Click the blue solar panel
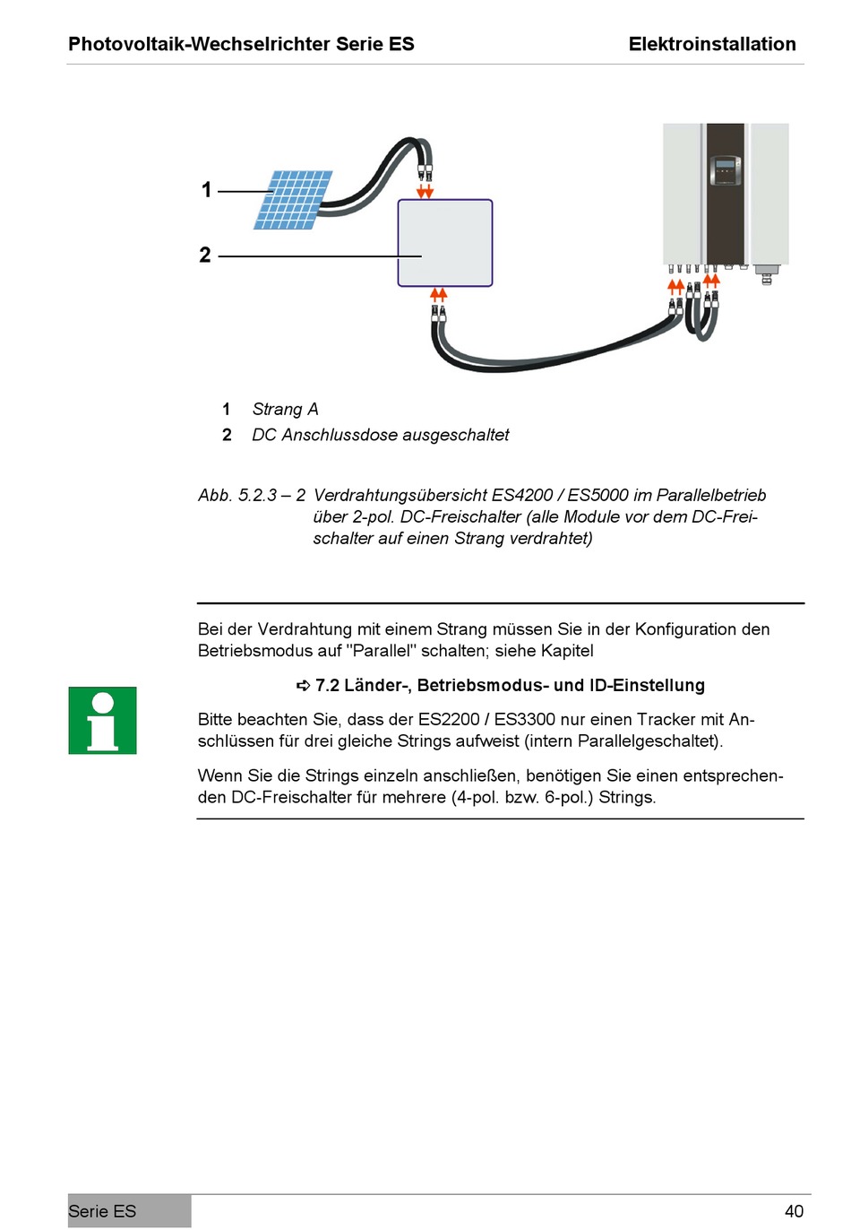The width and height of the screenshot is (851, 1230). [293, 200]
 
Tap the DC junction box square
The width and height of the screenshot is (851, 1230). [445, 243]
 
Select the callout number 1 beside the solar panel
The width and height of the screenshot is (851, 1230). [207, 190]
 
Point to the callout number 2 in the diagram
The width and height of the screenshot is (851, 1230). [205, 256]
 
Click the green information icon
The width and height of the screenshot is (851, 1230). [102, 721]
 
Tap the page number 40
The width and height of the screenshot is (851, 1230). [794, 1211]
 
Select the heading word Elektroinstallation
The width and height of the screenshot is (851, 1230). [712, 44]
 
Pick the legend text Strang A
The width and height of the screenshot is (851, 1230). [285, 410]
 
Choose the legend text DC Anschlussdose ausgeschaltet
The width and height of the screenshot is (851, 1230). [380, 435]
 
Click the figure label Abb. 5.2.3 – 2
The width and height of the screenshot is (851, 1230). [252, 496]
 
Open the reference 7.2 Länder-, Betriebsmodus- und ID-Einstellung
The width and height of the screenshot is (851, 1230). [509, 686]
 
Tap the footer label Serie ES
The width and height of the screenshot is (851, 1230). [102, 1211]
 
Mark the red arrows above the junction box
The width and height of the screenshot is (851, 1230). [425, 192]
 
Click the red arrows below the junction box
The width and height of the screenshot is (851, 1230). [439, 294]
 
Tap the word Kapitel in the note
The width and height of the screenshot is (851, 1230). [567, 651]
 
